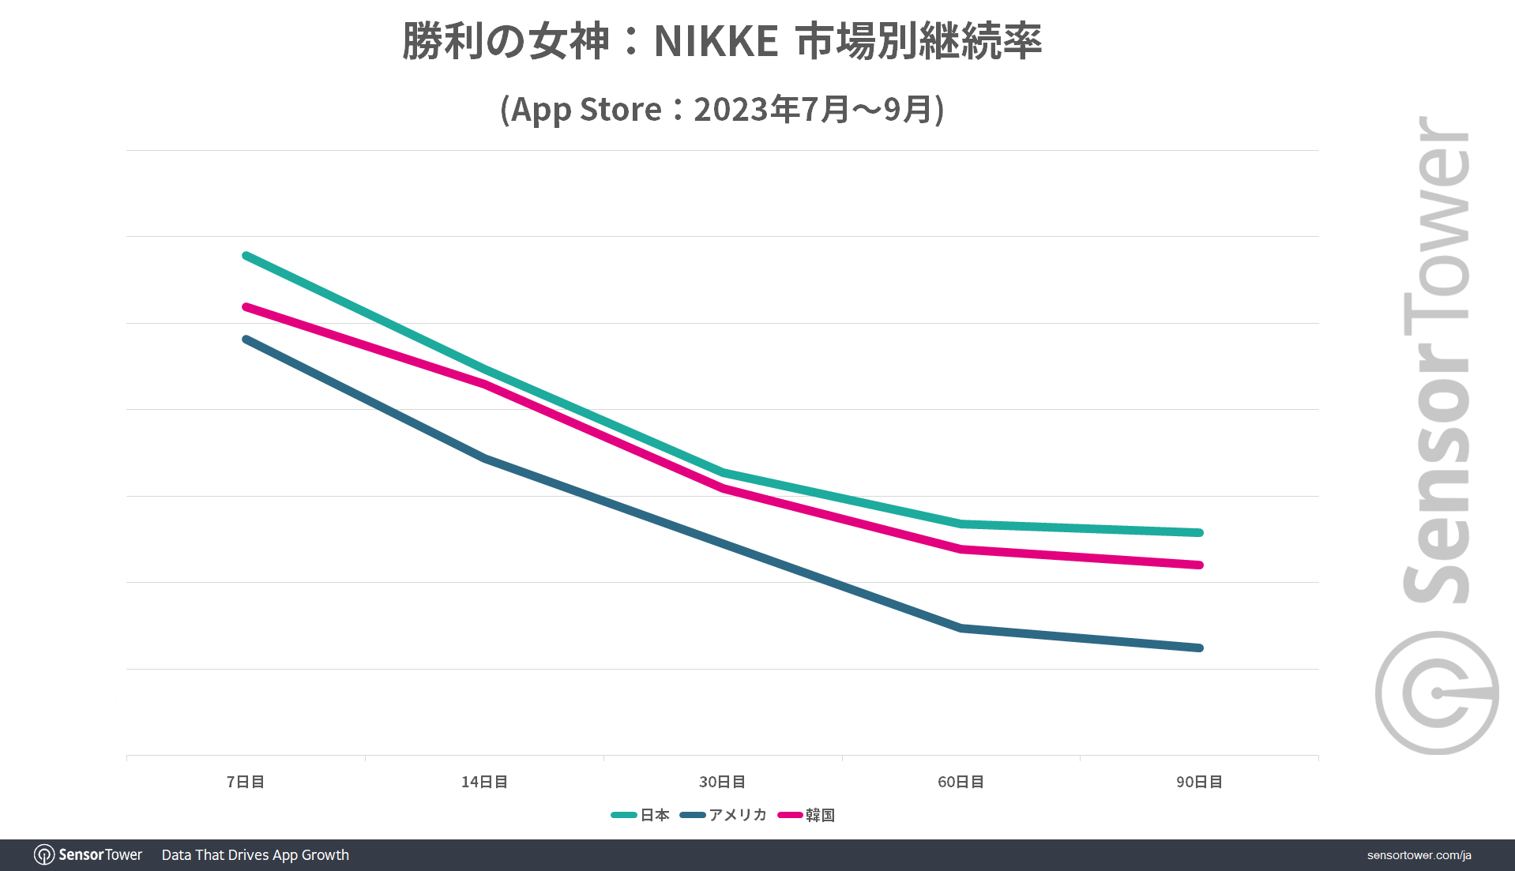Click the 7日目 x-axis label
246,782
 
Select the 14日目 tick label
484,782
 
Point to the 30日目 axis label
722,782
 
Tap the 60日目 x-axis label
961,782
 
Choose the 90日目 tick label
1199,782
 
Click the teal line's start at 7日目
246,256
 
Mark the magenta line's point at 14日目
484,385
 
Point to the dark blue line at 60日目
961,629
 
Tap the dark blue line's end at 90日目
1199,648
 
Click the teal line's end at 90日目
1199,533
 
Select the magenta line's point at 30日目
723,489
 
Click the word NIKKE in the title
716,42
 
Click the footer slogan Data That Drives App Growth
255,855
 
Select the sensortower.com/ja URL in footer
1419,855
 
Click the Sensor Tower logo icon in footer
44,855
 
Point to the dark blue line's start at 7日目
246,340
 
